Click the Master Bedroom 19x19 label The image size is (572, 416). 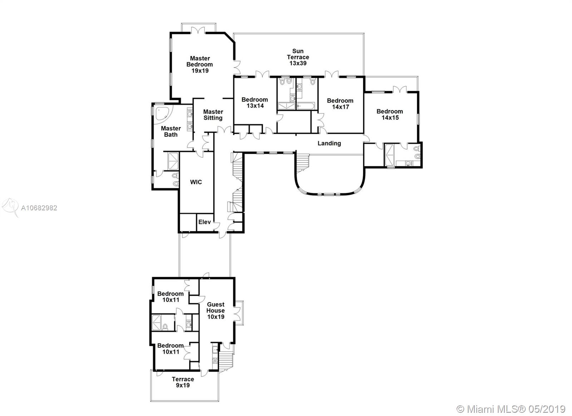tap(200, 64)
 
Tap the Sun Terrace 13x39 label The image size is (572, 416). tap(298, 57)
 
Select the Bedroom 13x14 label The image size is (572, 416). tap(255, 102)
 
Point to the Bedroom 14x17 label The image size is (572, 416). tap(340, 104)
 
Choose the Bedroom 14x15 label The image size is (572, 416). tap(390, 114)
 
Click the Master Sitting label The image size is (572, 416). tap(213, 115)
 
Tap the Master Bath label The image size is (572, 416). tap(171, 131)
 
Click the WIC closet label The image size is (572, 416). tap(196, 182)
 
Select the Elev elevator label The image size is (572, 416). tap(204, 222)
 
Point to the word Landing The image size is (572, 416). tap(329, 143)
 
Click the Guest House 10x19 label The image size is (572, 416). tap(216, 310)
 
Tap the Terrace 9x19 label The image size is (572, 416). tap(183, 382)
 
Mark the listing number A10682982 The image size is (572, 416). tap(39, 208)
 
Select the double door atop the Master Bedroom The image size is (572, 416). tap(198, 30)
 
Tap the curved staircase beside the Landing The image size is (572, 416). tap(303, 162)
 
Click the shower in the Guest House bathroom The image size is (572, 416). tap(157, 323)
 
